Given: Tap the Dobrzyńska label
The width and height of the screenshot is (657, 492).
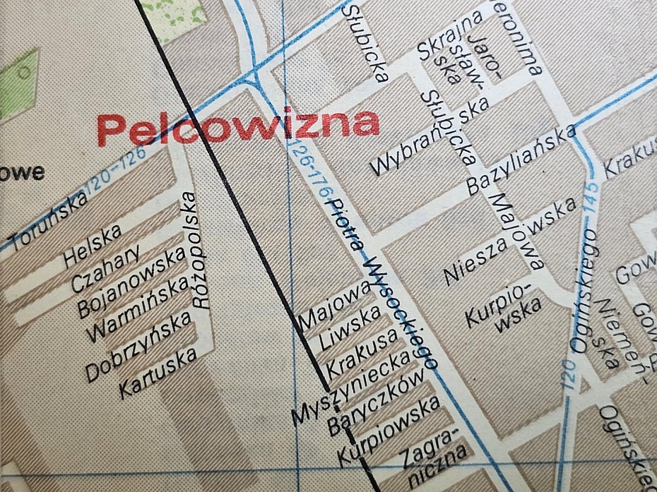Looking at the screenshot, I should [x=138, y=346].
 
